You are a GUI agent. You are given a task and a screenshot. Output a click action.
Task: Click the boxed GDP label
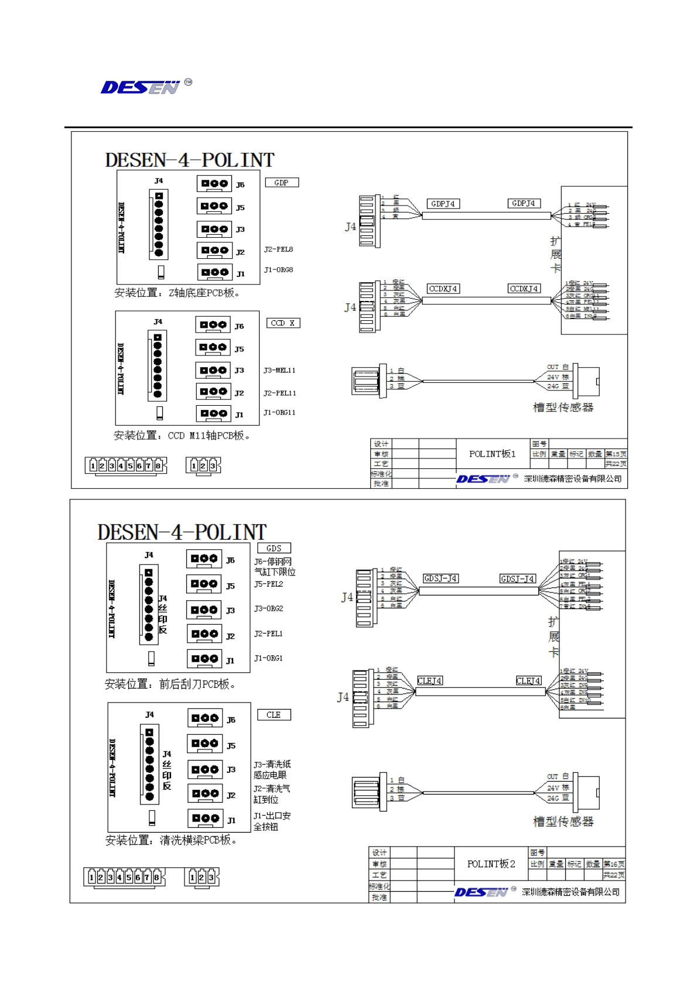(282, 183)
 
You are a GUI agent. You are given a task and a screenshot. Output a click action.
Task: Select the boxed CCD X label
(283, 323)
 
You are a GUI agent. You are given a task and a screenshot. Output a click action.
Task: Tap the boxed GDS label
(274, 549)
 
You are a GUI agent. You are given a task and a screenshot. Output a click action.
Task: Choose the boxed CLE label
(274, 715)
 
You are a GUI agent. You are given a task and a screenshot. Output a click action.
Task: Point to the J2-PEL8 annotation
(278, 249)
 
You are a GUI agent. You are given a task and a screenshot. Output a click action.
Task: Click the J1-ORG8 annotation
(278, 270)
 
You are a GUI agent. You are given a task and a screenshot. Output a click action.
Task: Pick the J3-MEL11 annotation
(279, 371)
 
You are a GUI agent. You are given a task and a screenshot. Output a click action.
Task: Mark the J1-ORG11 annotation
(279, 413)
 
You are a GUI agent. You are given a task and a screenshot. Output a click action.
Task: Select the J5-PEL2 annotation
(268, 584)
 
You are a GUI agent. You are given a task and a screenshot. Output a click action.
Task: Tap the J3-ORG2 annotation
(268, 609)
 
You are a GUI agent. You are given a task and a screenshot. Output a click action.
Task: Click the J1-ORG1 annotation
(268, 658)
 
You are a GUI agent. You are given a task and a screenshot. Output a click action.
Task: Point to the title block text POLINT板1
(492, 454)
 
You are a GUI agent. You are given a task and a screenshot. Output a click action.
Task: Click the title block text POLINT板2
(491, 864)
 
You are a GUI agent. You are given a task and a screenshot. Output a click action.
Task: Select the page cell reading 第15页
(616, 454)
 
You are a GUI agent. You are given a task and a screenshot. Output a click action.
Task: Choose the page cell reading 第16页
(614, 864)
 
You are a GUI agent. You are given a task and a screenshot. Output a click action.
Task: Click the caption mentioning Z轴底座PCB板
(177, 293)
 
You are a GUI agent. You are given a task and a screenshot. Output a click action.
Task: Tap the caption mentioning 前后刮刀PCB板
(170, 684)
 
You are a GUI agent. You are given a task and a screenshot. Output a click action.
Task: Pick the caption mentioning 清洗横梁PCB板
(171, 840)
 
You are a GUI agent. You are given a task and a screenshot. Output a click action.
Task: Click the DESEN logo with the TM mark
(146, 87)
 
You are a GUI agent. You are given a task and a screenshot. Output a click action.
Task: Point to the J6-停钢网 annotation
(273, 562)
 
